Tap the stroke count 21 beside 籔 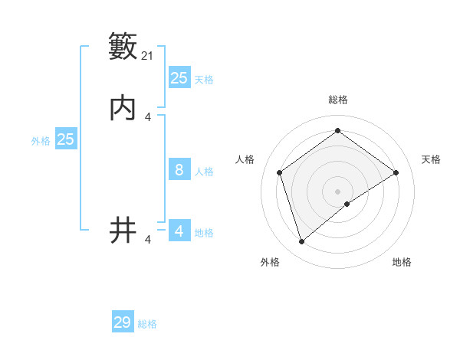coord(149,56)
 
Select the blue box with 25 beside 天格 coord(179,78)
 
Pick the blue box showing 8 coord(179,170)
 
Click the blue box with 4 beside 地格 coord(179,231)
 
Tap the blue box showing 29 coord(123,322)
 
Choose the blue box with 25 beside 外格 coord(66,139)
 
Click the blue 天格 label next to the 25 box coord(204,79)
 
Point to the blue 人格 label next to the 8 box coord(204,171)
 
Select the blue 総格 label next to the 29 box coord(147,324)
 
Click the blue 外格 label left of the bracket coord(41,140)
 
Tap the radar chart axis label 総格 coord(338,100)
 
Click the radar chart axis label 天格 coord(431,159)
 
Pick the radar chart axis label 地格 coord(402,262)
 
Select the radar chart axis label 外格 coord(270,262)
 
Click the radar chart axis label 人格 coord(245,159)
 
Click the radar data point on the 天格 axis coord(396,172)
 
